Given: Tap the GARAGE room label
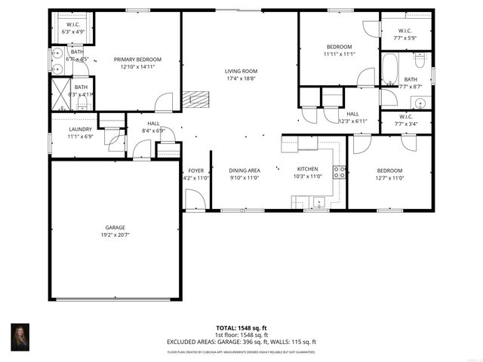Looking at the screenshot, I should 115,227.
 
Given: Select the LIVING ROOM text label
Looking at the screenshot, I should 241,71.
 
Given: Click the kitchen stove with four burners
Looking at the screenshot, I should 340,172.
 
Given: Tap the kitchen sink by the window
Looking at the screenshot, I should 318,201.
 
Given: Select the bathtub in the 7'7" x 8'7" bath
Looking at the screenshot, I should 389,69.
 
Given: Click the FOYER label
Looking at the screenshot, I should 195,170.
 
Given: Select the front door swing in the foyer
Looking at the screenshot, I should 195,199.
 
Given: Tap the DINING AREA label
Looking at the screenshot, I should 244,170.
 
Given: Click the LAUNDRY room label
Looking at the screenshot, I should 79,129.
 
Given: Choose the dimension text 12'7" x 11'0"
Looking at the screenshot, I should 389,178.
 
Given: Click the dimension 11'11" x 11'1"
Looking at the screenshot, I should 339,54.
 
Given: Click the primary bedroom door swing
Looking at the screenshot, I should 164,103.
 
